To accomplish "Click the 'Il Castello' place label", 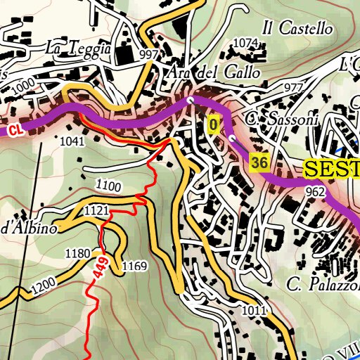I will point(296,29).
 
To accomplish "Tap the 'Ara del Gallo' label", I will point(214,72).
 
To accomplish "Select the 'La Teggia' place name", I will point(77,49).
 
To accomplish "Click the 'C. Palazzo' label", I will point(323,284).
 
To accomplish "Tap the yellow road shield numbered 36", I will point(259,162).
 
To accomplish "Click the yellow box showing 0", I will point(214,125).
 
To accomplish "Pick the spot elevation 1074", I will point(245,43).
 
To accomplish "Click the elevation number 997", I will point(148,54).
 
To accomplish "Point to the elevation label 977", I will point(293,86).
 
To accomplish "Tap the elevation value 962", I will point(314,191).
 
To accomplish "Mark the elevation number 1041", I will point(72,141).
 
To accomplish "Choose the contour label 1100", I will point(109,186).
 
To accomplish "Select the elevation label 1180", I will point(77,252).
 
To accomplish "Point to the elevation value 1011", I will point(254,309).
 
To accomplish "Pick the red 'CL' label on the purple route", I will point(15,130).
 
